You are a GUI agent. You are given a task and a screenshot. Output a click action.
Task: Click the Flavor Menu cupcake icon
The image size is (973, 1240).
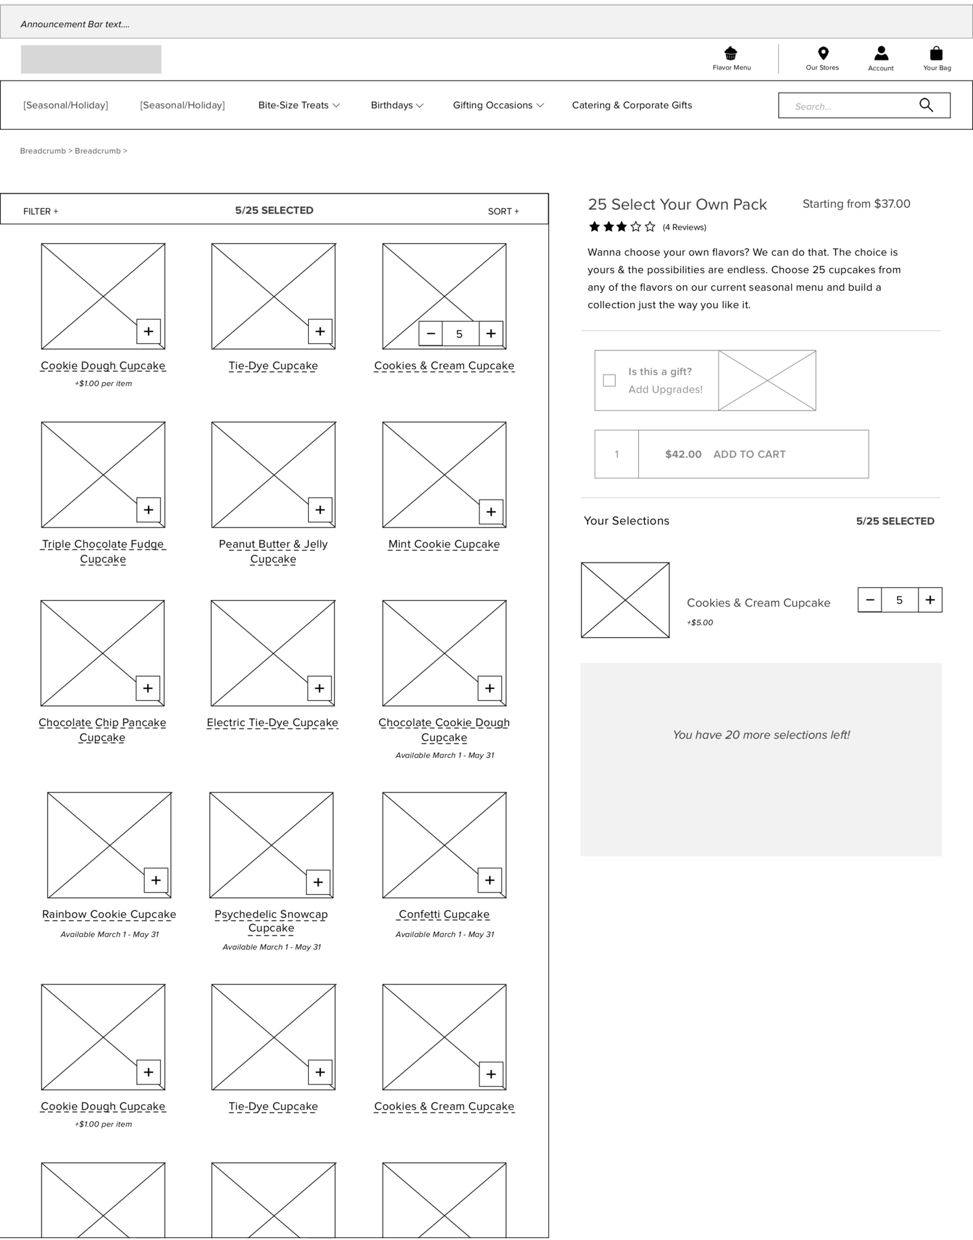(x=731, y=53)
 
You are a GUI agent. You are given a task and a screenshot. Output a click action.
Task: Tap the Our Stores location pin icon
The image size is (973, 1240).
(x=823, y=53)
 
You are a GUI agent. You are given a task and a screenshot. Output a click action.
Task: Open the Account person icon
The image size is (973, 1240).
(x=881, y=53)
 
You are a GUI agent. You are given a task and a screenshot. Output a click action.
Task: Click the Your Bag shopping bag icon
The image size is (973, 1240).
(x=936, y=53)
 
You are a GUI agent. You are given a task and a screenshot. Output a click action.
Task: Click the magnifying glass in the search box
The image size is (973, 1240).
(x=926, y=105)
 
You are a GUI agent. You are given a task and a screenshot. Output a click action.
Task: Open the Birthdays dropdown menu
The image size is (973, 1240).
(x=397, y=105)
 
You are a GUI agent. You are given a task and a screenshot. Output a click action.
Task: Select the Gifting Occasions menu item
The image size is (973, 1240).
(x=498, y=105)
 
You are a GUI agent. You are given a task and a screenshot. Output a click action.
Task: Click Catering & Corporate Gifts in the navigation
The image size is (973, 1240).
(x=632, y=105)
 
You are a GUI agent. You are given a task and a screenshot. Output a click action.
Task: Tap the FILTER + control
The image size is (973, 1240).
(x=41, y=212)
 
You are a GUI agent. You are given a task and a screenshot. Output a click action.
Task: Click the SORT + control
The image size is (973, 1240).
(x=503, y=212)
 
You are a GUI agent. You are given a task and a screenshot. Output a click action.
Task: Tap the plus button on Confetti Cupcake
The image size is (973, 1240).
(x=490, y=881)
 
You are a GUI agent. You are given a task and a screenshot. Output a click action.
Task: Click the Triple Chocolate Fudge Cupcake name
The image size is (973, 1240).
(x=103, y=552)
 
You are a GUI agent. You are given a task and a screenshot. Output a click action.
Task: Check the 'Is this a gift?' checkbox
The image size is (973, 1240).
(x=609, y=380)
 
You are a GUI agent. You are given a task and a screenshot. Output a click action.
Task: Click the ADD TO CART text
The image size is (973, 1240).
(x=749, y=454)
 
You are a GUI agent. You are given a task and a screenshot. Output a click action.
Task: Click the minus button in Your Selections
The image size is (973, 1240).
(x=870, y=600)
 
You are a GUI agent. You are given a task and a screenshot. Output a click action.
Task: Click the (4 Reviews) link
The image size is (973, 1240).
(x=684, y=227)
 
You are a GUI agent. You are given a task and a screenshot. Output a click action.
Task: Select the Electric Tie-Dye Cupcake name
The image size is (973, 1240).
(x=272, y=723)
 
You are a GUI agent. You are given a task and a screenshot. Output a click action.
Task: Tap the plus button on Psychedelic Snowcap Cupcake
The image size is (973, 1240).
(x=318, y=882)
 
